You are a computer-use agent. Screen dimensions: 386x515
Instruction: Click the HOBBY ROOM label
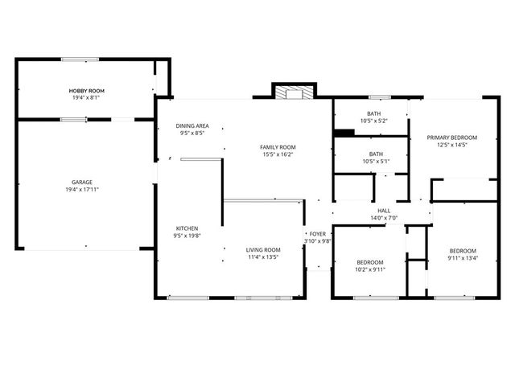point(83,92)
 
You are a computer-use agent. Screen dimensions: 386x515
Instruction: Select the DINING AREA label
point(192,125)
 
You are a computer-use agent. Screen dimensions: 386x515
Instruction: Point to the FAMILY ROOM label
point(278,146)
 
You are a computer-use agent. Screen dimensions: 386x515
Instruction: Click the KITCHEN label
point(187,228)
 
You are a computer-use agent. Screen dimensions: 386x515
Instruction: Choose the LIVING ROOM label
point(263,250)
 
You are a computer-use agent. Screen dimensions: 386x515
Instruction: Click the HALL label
point(385,210)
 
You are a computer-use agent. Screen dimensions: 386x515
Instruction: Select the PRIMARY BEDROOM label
point(451,138)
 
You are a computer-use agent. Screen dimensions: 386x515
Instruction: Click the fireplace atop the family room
point(294,92)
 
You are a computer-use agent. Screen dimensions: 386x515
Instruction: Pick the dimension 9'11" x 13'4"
point(463,258)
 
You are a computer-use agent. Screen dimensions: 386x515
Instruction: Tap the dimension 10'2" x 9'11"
point(370,270)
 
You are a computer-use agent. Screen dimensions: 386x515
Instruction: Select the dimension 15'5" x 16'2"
point(278,154)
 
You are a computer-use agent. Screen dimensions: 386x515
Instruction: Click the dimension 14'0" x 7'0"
point(385,218)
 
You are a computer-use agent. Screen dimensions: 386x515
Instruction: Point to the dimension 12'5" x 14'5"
point(451,146)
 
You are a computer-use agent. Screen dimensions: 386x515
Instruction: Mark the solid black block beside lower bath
point(344,133)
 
